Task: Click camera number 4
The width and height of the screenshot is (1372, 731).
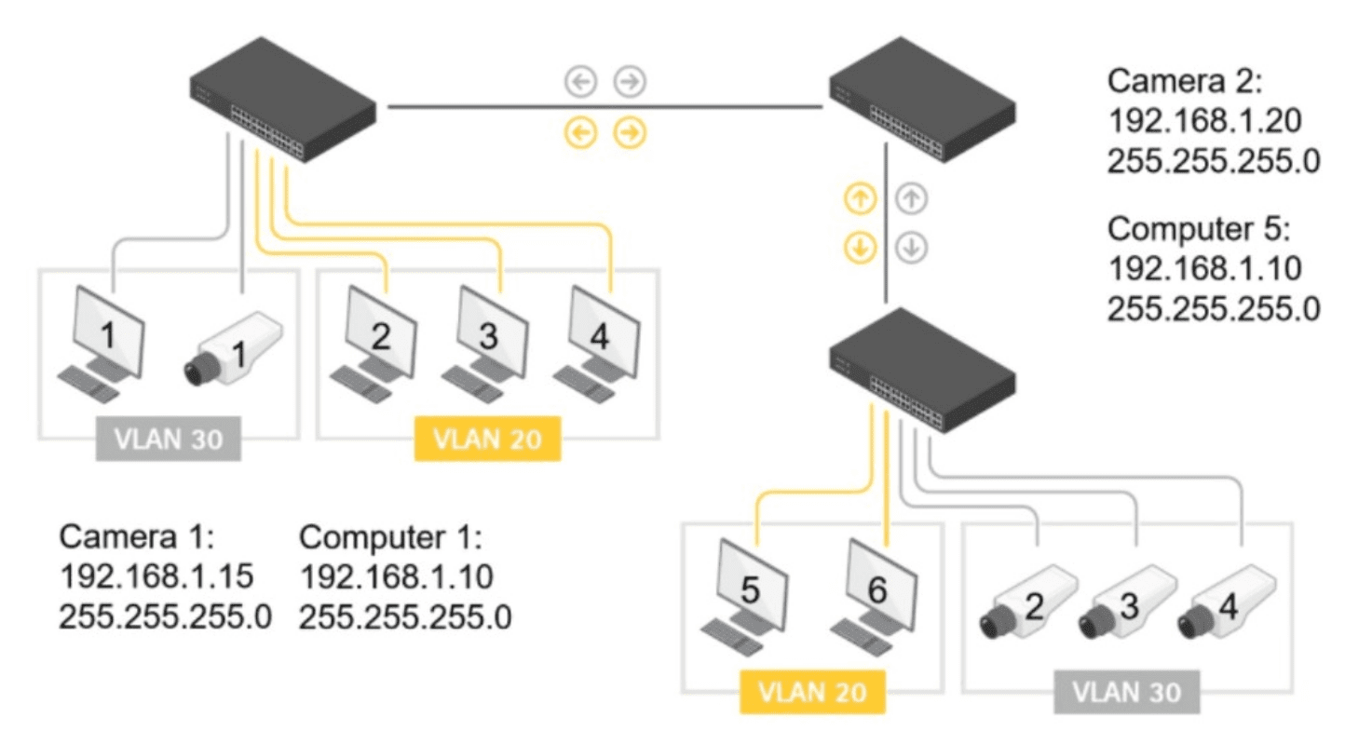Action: tap(1225, 605)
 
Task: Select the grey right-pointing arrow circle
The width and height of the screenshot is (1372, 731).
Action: tap(631, 82)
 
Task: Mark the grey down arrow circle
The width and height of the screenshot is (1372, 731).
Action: tap(912, 249)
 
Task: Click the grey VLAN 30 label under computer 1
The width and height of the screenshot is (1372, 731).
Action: tap(169, 439)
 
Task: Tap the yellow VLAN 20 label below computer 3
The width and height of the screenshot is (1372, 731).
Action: tap(487, 439)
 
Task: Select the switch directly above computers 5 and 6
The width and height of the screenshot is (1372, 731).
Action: tap(922, 369)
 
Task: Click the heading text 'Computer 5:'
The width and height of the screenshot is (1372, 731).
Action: tap(1197, 229)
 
